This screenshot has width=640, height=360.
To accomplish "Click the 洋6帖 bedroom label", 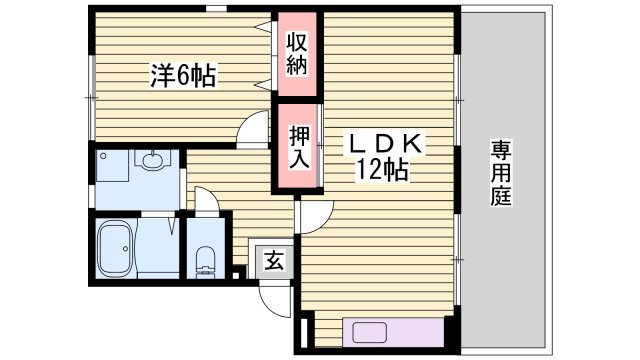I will (183, 75).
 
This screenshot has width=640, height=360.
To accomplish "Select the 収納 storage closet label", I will (298, 56).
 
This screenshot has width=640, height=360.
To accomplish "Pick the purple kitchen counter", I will (392, 332).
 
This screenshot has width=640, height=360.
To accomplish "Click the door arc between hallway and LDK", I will (311, 211).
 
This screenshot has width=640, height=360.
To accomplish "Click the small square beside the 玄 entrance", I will (237, 270).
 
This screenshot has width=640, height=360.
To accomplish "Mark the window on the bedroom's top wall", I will (213, 9).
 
